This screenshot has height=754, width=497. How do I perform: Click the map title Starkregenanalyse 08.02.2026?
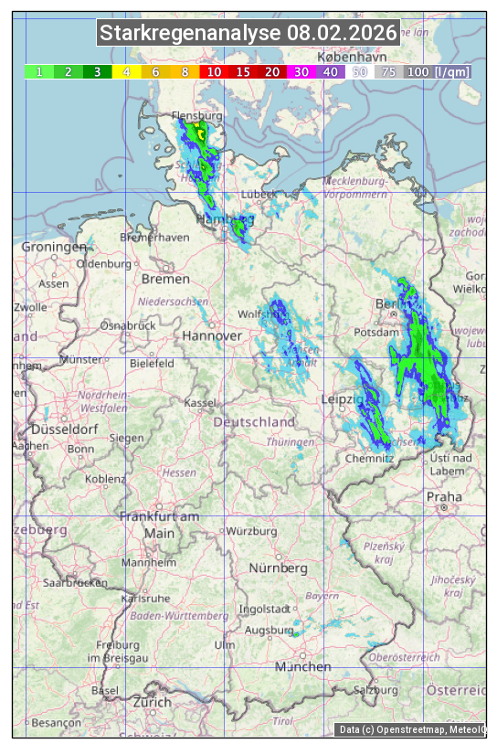tap(248, 34)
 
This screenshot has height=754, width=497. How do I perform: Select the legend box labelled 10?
tap(214, 71)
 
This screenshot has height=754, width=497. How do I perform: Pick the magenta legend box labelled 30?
tap(301, 71)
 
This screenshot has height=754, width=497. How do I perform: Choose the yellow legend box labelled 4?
tap(126, 71)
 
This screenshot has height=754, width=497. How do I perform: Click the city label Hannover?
tap(212, 336)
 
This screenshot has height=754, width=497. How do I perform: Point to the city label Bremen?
tap(165, 279)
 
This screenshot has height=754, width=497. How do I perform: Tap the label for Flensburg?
tap(197, 117)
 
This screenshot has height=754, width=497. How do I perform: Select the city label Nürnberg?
tap(279, 568)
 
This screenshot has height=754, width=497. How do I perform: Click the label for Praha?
tap(444, 496)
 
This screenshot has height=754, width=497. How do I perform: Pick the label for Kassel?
tap(199, 403)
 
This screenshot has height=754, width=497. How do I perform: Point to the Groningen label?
tap(54, 247)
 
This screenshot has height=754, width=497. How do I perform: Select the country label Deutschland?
tap(254, 422)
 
